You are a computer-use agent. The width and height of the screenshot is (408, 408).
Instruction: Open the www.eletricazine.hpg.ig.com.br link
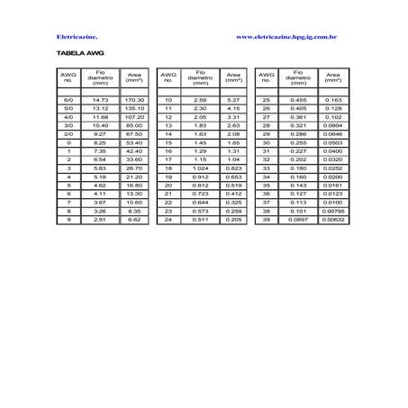(x=286, y=38)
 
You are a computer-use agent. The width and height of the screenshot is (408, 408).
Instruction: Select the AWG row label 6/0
(x=68, y=99)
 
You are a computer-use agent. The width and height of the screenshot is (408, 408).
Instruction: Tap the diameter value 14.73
(x=101, y=99)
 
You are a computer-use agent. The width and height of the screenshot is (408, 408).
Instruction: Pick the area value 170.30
(x=135, y=99)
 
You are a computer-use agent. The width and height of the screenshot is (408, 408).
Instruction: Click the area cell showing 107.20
(x=135, y=116)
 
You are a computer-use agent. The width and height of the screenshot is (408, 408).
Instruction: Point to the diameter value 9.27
(x=101, y=133)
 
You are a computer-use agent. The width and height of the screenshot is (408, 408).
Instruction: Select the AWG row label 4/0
(x=68, y=116)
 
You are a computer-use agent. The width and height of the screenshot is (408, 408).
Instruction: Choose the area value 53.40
(x=135, y=142)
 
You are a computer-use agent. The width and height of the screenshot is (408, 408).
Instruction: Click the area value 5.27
(x=233, y=99)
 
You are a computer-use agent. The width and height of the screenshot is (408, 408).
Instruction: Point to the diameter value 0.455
(x=298, y=99)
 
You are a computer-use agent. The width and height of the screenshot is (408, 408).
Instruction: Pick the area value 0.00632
(x=332, y=219)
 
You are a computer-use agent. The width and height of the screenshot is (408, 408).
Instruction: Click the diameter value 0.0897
(x=298, y=219)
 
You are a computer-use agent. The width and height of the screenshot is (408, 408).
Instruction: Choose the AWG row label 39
(x=267, y=219)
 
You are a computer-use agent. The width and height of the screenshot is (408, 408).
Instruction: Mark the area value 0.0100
(x=332, y=202)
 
